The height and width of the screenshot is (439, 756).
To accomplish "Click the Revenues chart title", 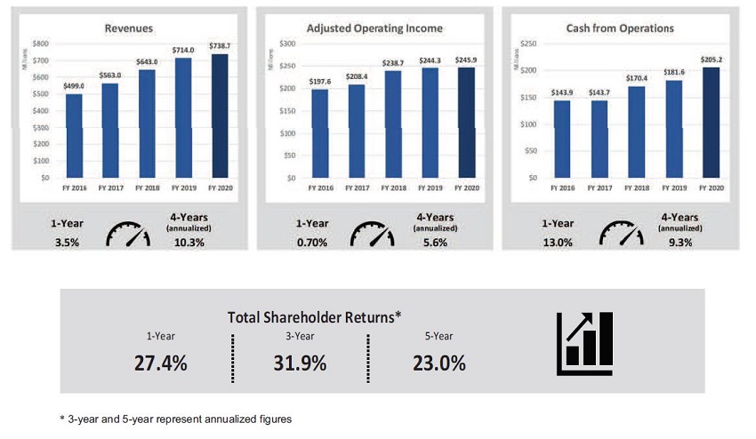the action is click(129, 28).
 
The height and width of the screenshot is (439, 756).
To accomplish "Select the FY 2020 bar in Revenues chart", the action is click(220, 116).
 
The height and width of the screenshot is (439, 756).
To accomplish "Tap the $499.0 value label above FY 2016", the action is click(74, 86).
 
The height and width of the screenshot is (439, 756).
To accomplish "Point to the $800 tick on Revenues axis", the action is click(41, 44).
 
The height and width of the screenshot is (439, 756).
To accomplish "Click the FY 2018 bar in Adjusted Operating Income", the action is click(393, 124).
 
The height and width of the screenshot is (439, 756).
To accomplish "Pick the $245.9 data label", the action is click(466, 60).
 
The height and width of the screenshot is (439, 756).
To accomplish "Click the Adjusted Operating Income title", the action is click(374, 28).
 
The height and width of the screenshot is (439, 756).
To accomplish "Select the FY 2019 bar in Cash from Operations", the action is click(674, 129).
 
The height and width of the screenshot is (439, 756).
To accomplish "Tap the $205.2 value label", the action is click(712, 60).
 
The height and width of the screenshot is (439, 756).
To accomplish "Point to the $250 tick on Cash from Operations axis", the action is click(528, 44).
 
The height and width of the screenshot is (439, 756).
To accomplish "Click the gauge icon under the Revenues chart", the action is click(128, 235).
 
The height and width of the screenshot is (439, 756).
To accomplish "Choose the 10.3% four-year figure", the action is click(189, 243).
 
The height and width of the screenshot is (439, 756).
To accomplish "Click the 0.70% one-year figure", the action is click(312, 243).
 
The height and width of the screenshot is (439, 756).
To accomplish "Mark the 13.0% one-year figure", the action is click(558, 243).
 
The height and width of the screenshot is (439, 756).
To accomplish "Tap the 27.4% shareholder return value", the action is click(161, 363).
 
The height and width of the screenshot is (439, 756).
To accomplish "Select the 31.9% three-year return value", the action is click(300, 363).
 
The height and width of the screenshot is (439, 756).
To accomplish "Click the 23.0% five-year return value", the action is click(439, 363).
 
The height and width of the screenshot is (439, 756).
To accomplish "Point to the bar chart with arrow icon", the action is click(585, 343).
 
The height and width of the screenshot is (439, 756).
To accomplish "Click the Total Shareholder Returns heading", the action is click(314, 317).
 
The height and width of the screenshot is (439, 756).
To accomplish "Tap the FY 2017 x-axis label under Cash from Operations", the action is click(599, 188).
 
